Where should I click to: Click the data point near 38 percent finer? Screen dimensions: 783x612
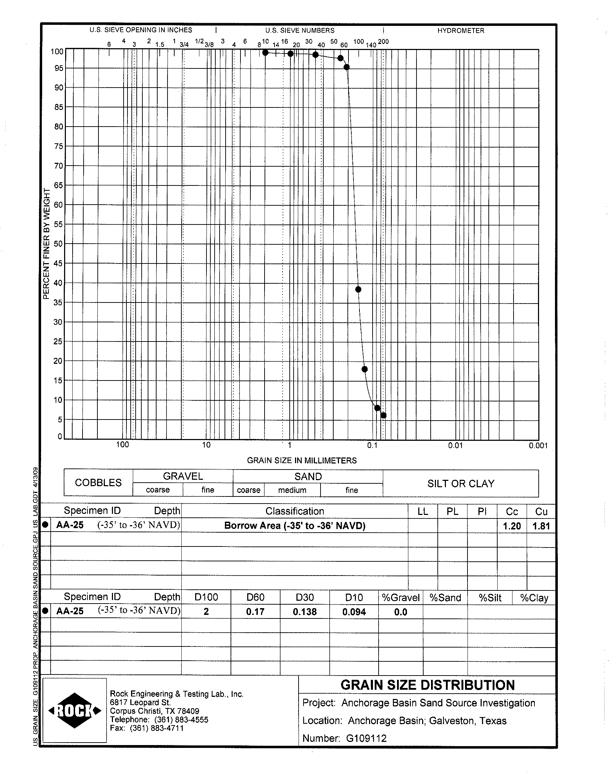pyautogui.click(x=358, y=289)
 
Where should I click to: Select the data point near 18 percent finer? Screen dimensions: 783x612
pyautogui.click(x=365, y=369)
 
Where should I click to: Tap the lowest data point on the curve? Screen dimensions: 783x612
pyautogui.click(x=384, y=415)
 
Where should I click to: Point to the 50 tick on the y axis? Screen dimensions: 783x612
pyautogui.click(x=58, y=244)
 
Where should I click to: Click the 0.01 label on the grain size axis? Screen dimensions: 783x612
pyautogui.click(x=455, y=445)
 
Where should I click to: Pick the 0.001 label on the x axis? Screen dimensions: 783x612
pyautogui.click(x=538, y=445)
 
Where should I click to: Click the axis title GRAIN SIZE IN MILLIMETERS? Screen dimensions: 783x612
pyautogui.click(x=302, y=460)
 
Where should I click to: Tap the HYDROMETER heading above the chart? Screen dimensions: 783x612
pyautogui.click(x=460, y=30)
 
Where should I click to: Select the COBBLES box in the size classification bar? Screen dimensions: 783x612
pyautogui.click(x=98, y=483)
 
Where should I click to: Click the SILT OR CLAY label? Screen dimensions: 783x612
pyautogui.click(x=461, y=483)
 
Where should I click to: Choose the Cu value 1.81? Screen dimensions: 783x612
pyautogui.click(x=541, y=526)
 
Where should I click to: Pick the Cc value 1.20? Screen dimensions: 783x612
pyautogui.click(x=512, y=526)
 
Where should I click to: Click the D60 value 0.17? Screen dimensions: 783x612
pyautogui.click(x=255, y=612)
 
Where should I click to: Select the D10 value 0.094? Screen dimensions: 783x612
pyautogui.click(x=354, y=612)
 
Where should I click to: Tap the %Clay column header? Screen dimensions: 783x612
pyautogui.click(x=534, y=598)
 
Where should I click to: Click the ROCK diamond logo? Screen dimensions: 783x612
pyautogui.click(x=74, y=711)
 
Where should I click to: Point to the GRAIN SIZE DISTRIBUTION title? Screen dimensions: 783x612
pyautogui.click(x=427, y=685)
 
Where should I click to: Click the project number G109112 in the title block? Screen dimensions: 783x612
pyautogui.click(x=366, y=738)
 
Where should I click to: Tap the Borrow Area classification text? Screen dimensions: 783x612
pyautogui.click(x=295, y=526)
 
